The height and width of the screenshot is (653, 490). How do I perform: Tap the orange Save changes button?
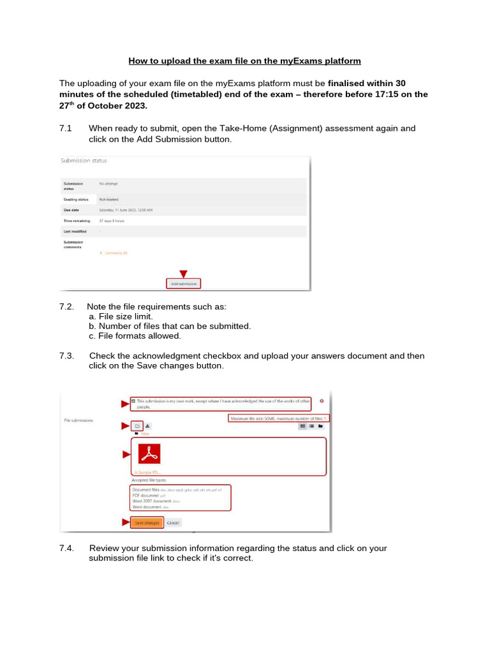pyautogui.click(x=147, y=522)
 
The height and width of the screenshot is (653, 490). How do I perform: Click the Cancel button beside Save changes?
pyautogui.click(x=174, y=522)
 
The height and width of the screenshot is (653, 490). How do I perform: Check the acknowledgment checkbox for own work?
pyautogui.click(x=133, y=401)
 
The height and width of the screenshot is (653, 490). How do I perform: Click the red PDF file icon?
pyautogui.click(x=149, y=453)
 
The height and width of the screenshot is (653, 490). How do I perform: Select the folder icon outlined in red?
pyautogui.click(x=137, y=425)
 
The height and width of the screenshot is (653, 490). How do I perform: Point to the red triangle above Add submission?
pyautogui.click(x=183, y=274)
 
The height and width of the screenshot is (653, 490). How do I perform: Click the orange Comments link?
pyautogui.click(x=115, y=253)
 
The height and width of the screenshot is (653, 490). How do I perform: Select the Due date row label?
pyautogui.click(x=71, y=209)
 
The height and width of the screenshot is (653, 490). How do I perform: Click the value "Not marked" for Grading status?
pyautogui.click(x=109, y=199)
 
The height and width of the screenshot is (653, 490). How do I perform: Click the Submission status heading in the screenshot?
pyautogui.click(x=84, y=161)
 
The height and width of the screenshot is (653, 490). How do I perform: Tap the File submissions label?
pyautogui.click(x=78, y=421)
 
